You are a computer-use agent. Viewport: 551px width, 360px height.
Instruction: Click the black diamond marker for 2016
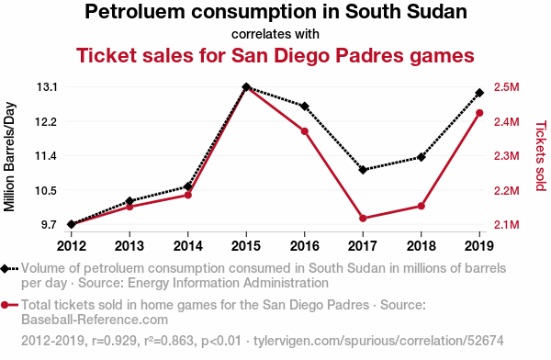click(305, 107)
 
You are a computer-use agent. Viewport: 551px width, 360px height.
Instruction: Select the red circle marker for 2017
click(363, 219)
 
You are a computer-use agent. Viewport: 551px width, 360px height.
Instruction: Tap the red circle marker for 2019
click(479, 113)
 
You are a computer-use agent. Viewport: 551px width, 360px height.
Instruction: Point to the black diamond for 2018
click(421, 157)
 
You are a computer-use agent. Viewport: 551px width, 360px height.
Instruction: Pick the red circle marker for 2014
click(188, 195)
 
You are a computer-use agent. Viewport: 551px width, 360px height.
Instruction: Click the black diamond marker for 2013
click(129, 201)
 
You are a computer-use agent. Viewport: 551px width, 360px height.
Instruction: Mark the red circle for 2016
click(305, 131)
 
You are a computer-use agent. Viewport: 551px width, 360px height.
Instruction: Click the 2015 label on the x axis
click(246, 246)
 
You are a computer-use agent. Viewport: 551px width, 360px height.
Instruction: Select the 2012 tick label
click(72, 246)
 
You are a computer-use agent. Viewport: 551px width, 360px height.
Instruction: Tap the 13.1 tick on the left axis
click(47, 87)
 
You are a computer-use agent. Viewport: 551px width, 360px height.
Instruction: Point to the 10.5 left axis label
click(47, 190)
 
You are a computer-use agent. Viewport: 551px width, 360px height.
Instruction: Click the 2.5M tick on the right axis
click(506, 87)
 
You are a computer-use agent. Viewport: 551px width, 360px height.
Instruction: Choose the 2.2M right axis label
click(506, 190)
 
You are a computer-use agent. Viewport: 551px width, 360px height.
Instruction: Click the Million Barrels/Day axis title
click(9, 156)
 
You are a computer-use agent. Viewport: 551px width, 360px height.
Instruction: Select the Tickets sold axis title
click(541, 156)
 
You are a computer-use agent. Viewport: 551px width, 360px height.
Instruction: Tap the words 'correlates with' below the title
click(275, 34)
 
